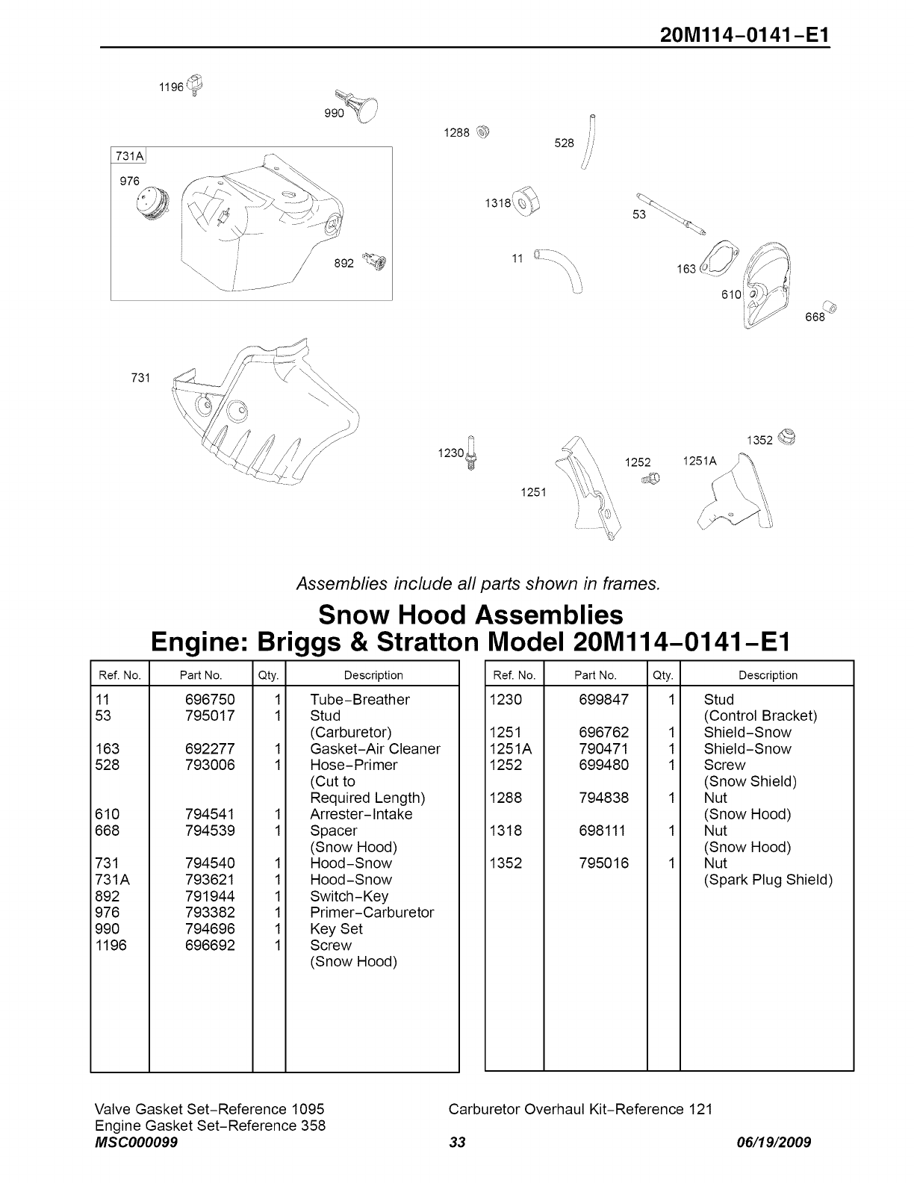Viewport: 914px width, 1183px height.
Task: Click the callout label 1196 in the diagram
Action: [x=171, y=87]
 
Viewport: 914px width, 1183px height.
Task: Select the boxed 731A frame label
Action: [x=129, y=155]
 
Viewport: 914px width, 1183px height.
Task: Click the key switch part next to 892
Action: [x=375, y=261]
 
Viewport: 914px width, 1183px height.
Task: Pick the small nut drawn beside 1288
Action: [x=482, y=132]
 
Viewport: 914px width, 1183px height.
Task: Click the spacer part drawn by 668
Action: [x=829, y=306]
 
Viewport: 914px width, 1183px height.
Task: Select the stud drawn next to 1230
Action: [x=471, y=452]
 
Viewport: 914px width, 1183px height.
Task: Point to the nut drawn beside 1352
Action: [x=786, y=437]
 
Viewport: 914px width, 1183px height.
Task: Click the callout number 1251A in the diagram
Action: [x=699, y=461]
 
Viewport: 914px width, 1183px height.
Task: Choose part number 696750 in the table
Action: [x=210, y=700]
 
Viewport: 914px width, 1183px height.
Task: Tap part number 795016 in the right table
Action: [x=603, y=863]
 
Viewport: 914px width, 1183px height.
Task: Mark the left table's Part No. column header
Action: [x=201, y=675]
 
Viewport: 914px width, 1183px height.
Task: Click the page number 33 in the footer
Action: [x=458, y=1143]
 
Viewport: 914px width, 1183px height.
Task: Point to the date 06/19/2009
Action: [x=774, y=1143]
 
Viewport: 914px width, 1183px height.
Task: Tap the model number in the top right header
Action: [x=744, y=35]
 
